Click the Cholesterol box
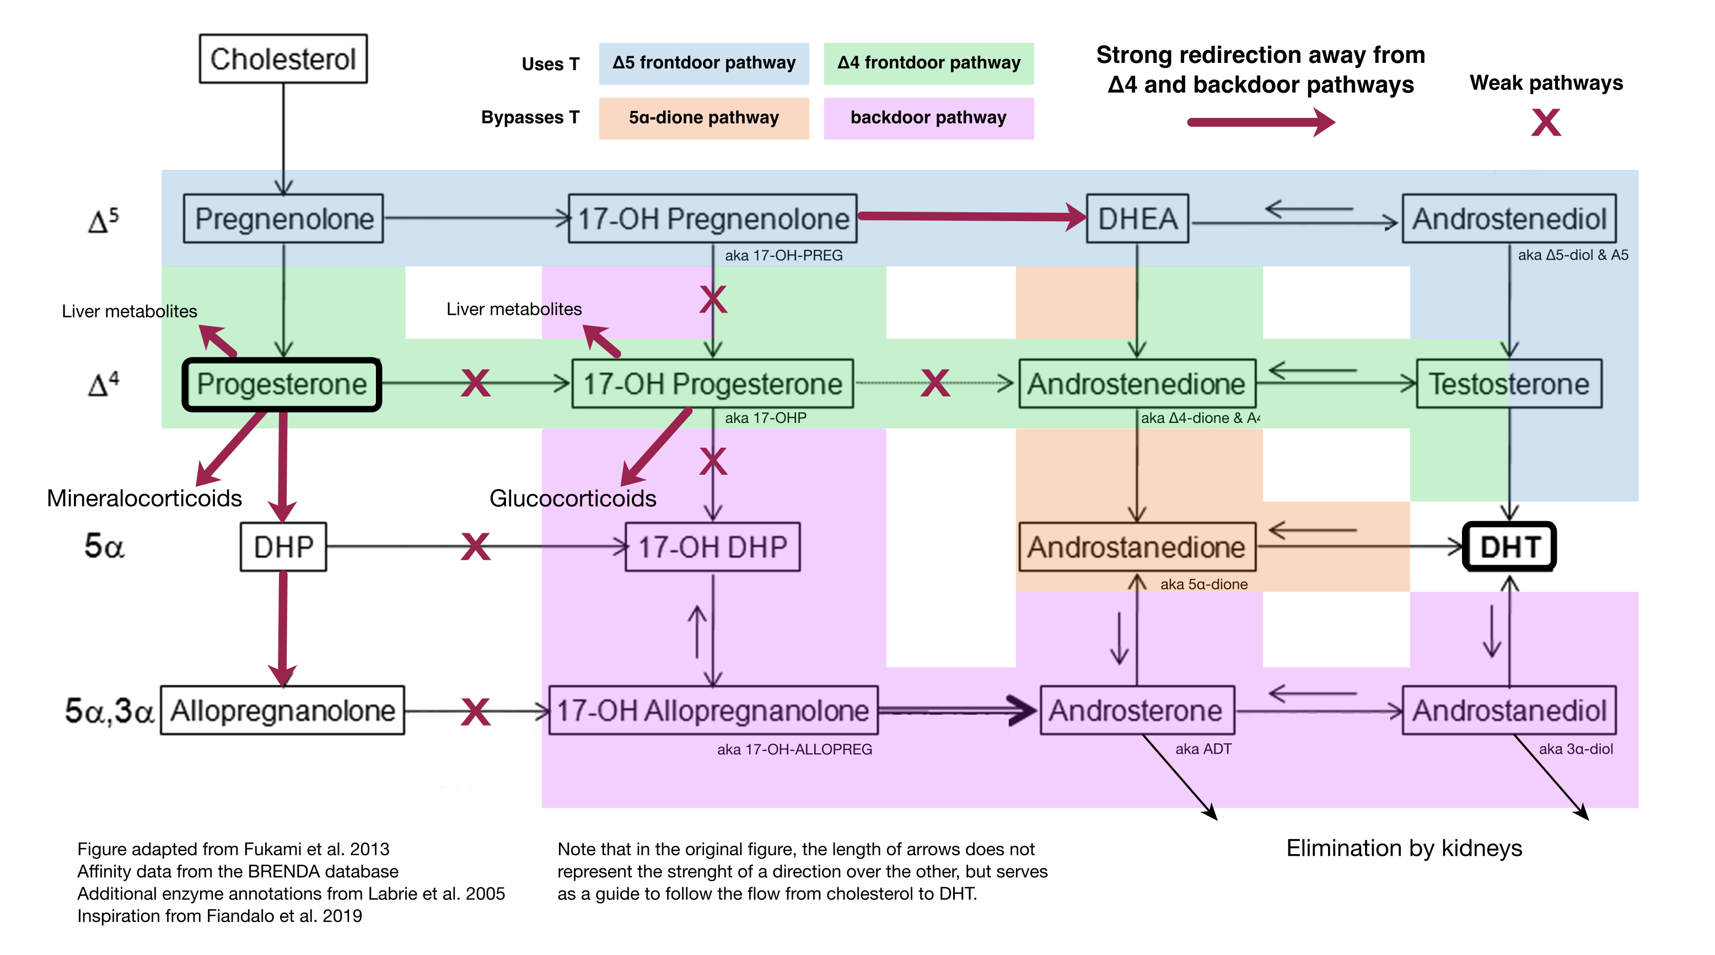click(x=283, y=58)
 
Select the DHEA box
click(x=1137, y=218)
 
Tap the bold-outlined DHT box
click(x=1509, y=547)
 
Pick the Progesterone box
click(x=282, y=384)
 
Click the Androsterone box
click(x=1137, y=711)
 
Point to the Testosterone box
click(x=1509, y=384)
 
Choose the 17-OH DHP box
click(x=712, y=547)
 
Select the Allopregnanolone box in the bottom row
click(x=282, y=711)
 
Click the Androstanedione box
click(x=1137, y=547)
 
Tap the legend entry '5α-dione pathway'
click(x=704, y=118)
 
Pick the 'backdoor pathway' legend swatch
click(x=928, y=118)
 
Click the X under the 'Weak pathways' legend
click(x=1545, y=122)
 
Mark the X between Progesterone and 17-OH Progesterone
click(x=475, y=384)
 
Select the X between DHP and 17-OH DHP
click(x=475, y=547)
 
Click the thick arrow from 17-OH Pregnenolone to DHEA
click(x=972, y=216)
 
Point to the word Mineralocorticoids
click(x=144, y=498)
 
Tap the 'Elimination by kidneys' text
click(x=1404, y=848)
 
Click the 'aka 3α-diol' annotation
click(x=1575, y=749)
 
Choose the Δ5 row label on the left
click(x=103, y=220)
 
